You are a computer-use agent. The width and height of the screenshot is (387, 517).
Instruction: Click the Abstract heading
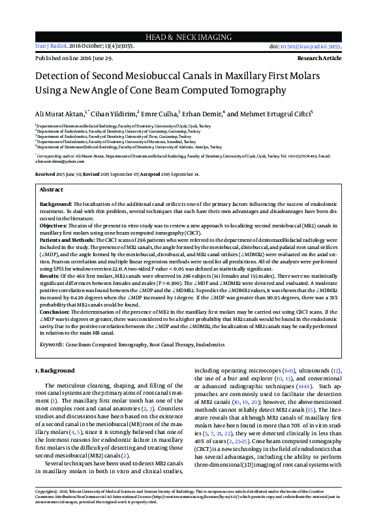52,190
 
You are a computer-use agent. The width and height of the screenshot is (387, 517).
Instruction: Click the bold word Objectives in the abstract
54,225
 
